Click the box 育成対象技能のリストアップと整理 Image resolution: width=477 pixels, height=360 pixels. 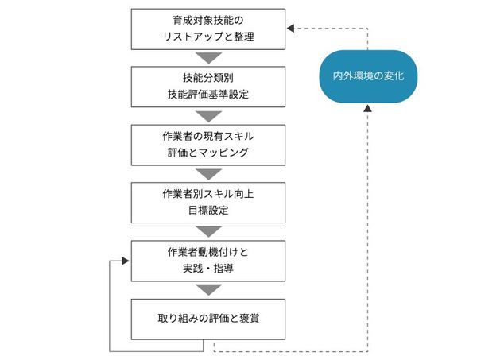coord(208,29)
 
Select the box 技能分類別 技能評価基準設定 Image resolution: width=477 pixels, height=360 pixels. coord(208,87)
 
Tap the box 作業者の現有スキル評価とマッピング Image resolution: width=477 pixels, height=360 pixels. coord(208,145)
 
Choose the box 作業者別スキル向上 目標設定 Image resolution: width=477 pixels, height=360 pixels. coord(208,203)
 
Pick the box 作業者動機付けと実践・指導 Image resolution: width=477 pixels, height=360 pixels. coord(208,261)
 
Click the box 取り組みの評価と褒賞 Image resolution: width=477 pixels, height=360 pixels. coord(208,319)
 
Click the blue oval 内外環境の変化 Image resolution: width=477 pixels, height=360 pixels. coord(368,76)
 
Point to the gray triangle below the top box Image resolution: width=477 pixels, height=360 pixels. coord(208,58)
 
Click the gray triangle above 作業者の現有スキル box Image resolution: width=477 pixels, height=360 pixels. coord(208,116)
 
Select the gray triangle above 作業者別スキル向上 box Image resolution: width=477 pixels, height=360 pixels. coord(208,174)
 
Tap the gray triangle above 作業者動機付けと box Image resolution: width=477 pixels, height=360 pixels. coord(208,232)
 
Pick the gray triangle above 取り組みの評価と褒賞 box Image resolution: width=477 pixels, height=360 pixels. coord(208,290)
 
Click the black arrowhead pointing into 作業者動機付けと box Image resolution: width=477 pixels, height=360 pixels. coord(125,261)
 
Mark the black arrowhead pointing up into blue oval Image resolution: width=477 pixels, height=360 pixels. coord(368,108)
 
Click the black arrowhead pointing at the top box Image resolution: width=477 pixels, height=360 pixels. coord(290,29)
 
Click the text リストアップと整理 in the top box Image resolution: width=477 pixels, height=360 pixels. coord(208,37)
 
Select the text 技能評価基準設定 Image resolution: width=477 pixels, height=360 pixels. coord(208,95)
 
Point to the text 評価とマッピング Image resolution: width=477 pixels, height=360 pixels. coord(208,153)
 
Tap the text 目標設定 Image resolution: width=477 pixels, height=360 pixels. coord(208,211)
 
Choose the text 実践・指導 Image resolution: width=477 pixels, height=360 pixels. coord(208,269)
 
